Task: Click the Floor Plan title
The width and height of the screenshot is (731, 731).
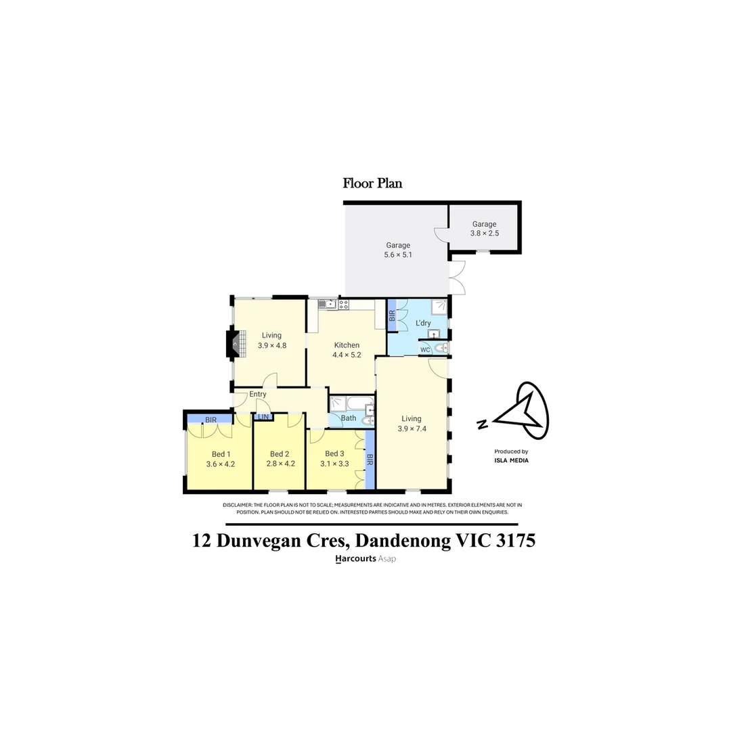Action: pyautogui.click(x=372, y=183)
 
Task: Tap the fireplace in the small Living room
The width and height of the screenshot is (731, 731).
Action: pyautogui.click(x=234, y=343)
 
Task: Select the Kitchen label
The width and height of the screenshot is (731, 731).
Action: pyautogui.click(x=346, y=345)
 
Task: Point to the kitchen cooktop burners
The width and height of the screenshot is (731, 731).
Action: pyautogui.click(x=344, y=305)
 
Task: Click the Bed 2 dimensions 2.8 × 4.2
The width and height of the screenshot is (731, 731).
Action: pyautogui.click(x=280, y=464)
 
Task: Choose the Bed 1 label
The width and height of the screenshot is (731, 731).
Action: pyautogui.click(x=221, y=454)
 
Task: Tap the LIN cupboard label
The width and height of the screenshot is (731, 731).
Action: pyautogui.click(x=263, y=417)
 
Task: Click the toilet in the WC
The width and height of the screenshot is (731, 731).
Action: pyautogui.click(x=441, y=349)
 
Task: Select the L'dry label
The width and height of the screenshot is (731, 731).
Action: pyautogui.click(x=423, y=324)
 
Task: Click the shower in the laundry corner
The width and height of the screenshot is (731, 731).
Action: pyautogui.click(x=441, y=307)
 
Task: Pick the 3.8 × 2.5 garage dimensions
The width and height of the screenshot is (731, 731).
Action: pyautogui.click(x=485, y=234)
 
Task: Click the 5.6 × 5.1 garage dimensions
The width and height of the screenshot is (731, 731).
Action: pyautogui.click(x=398, y=255)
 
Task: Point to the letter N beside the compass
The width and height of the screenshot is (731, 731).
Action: pyautogui.click(x=482, y=425)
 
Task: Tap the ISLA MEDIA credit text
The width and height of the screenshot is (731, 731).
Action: pyautogui.click(x=511, y=460)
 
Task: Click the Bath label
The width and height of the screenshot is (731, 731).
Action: pyautogui.click(x=349, y=418)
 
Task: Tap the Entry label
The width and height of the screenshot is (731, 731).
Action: pyautogui.click(x=258, y=395)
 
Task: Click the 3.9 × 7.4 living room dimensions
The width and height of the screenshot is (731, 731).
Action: pyautogui.click(x=411, y=428)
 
